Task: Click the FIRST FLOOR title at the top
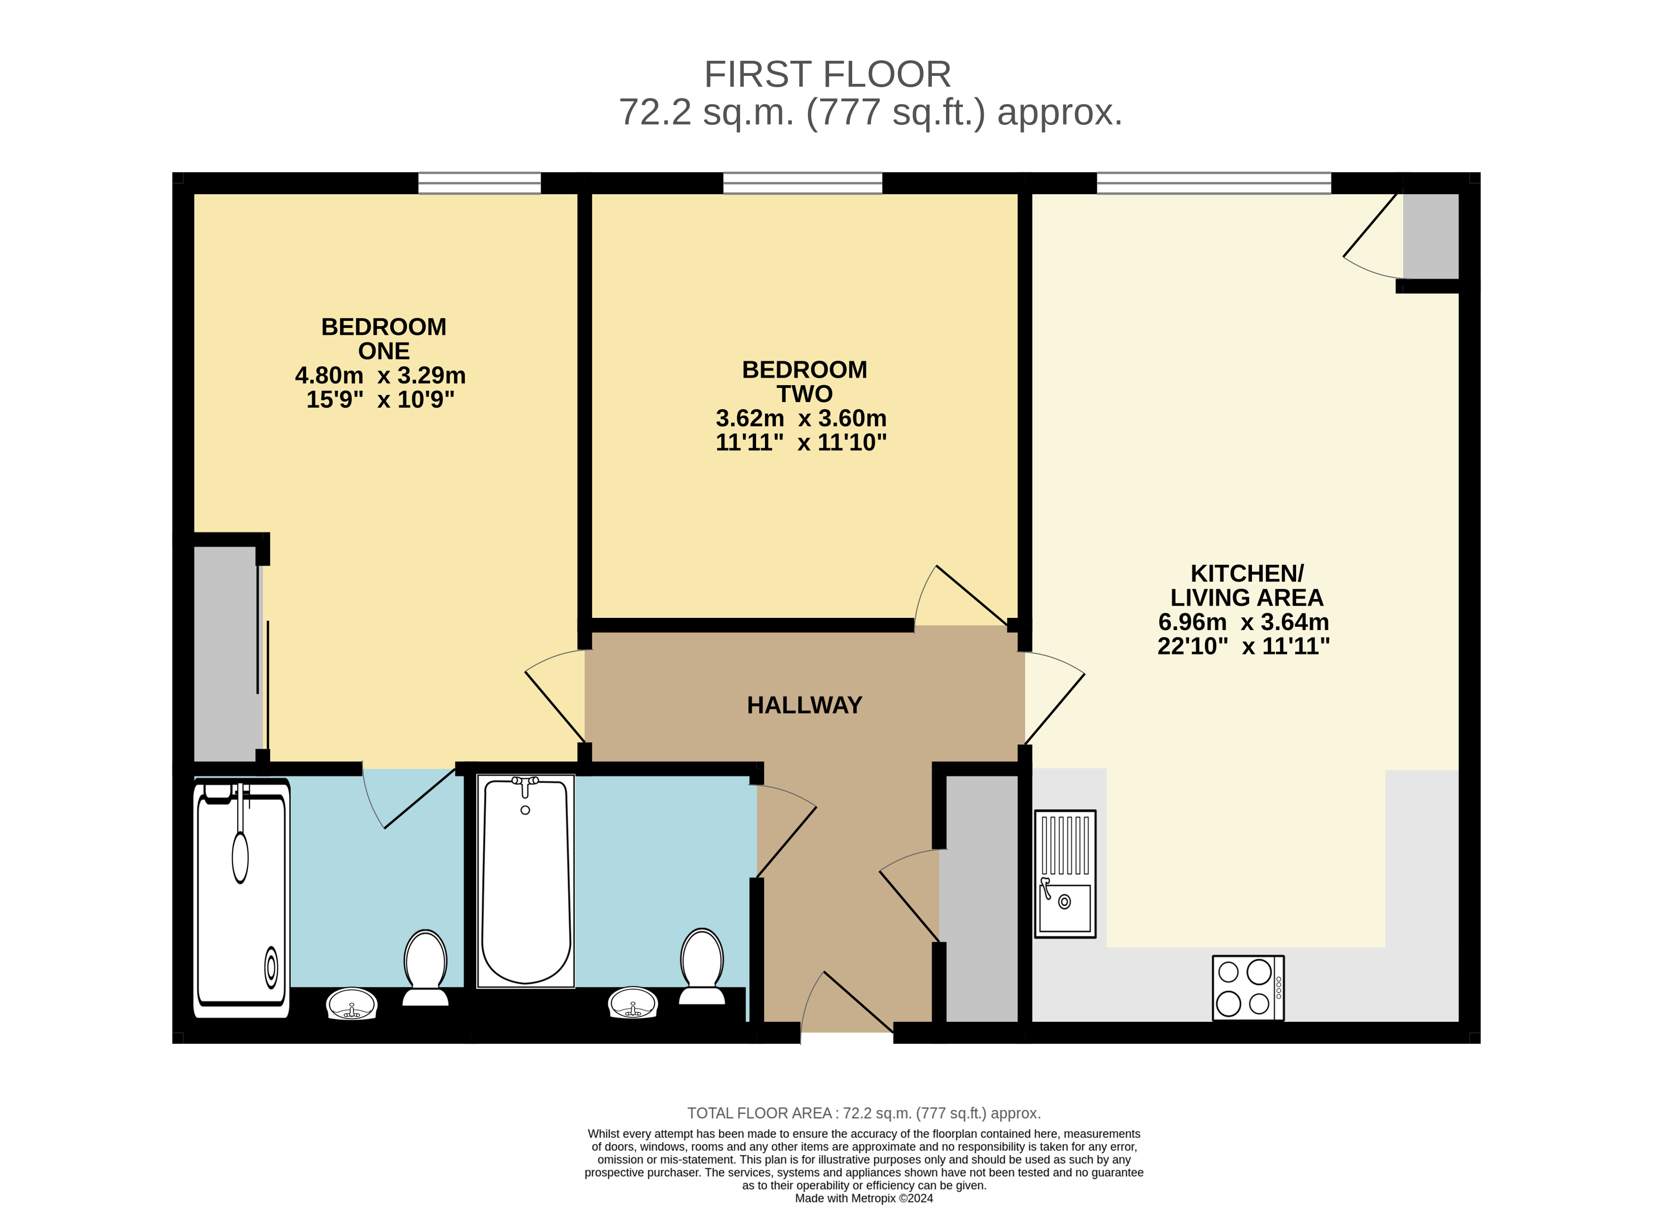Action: tap(827, 74)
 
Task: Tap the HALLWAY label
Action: tap(805, 705)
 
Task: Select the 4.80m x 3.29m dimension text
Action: tap(380, 375)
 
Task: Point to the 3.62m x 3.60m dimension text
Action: tap(801, 418)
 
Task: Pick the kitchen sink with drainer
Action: tap(1065, 874)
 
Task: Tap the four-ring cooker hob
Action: tap(1248, 988)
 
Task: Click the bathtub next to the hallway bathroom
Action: tap(526, 880)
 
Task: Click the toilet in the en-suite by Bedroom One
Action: tap(426, 967)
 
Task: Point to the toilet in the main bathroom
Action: tap(702, 966)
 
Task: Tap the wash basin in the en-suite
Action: tap(352, 1003)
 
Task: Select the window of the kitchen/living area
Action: tap(1214, 183)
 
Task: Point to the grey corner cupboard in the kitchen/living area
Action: tap(1431, 236)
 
